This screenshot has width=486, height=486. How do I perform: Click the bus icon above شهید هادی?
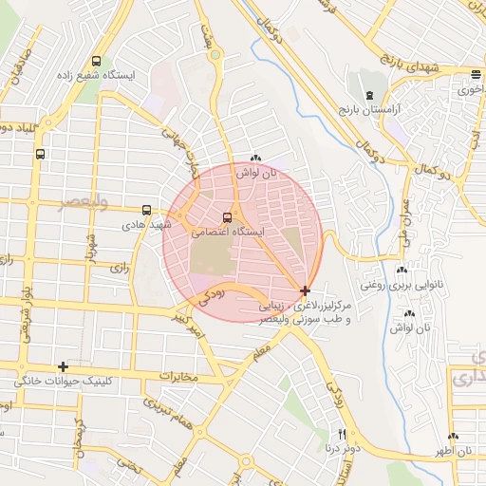[146, 210]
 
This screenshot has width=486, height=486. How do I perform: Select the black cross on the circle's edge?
[304, 290]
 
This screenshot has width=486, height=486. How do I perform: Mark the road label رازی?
[119, 268]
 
